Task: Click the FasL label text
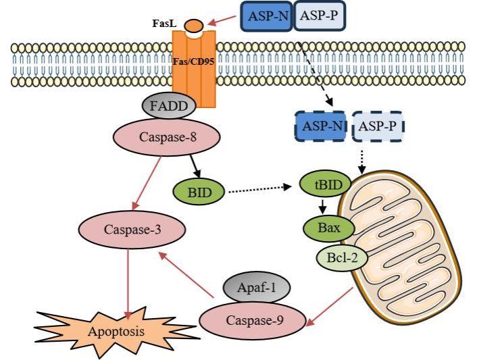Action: coord(164,24)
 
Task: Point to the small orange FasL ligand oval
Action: coord(194,26)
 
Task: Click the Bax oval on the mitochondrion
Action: coord(330,228)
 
